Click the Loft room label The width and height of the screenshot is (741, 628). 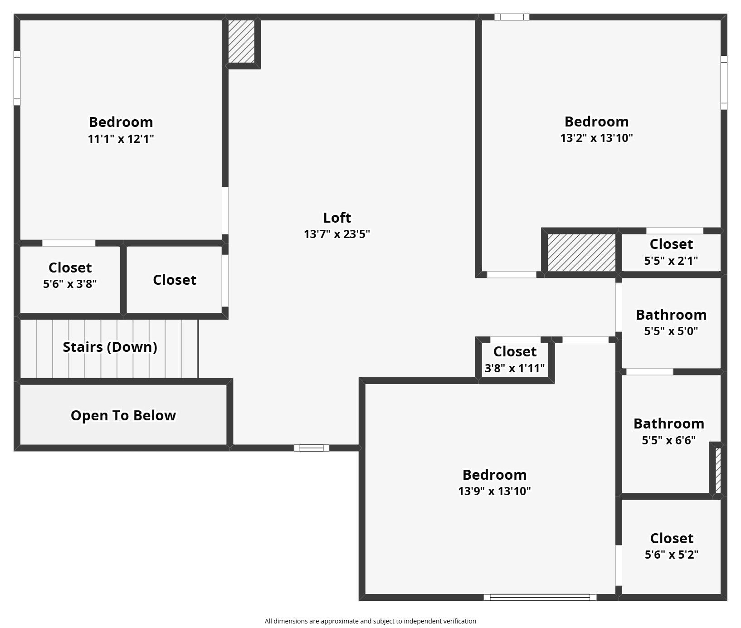337,218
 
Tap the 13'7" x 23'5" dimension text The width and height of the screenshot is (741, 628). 337,234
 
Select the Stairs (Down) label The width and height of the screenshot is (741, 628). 110,347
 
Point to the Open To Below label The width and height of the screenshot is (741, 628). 123,415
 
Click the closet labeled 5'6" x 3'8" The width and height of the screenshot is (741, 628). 70,275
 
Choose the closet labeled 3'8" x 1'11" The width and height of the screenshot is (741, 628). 515,359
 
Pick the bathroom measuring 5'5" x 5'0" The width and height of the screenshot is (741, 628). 671,322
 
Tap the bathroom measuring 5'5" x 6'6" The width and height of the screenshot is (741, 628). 668,431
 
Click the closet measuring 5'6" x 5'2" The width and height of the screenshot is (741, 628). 671,545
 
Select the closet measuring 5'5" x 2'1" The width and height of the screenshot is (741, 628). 671,252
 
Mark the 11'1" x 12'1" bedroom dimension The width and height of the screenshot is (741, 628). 121,139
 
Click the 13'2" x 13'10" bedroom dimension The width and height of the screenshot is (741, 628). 596,138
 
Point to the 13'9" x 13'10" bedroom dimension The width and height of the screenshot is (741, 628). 494,491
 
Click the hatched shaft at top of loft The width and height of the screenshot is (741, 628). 241,41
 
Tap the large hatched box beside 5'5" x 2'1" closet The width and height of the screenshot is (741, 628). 581,253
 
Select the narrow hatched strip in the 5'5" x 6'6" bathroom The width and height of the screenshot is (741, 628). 718,470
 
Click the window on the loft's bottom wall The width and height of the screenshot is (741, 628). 311,448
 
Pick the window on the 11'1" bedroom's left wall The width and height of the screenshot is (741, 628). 17,78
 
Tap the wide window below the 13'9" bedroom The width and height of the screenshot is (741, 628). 540,597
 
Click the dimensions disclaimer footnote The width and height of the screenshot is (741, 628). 370,621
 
